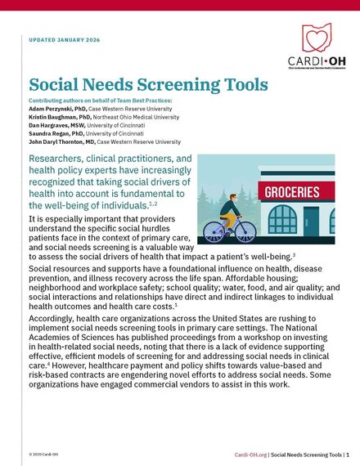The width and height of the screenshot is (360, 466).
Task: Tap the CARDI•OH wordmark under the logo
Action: [x=315, y=60]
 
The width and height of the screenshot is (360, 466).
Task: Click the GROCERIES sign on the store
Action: [x=290, y=192]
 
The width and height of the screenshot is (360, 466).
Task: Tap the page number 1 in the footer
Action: [x=347, y=453]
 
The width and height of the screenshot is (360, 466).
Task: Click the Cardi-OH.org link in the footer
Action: [x=250, y=453]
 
